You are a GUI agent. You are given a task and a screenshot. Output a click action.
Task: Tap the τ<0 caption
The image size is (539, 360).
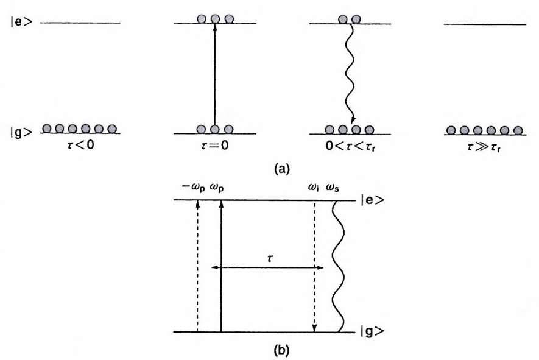click(80, 147)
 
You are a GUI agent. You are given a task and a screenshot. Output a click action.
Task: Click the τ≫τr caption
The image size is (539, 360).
click(485, 147)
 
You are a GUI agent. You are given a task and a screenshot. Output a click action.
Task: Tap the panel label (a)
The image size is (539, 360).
click(269, 169)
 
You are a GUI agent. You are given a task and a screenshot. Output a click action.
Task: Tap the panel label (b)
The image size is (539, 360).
click(269, 351)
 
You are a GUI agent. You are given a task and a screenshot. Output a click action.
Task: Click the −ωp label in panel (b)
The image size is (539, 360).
click(194, 187)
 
